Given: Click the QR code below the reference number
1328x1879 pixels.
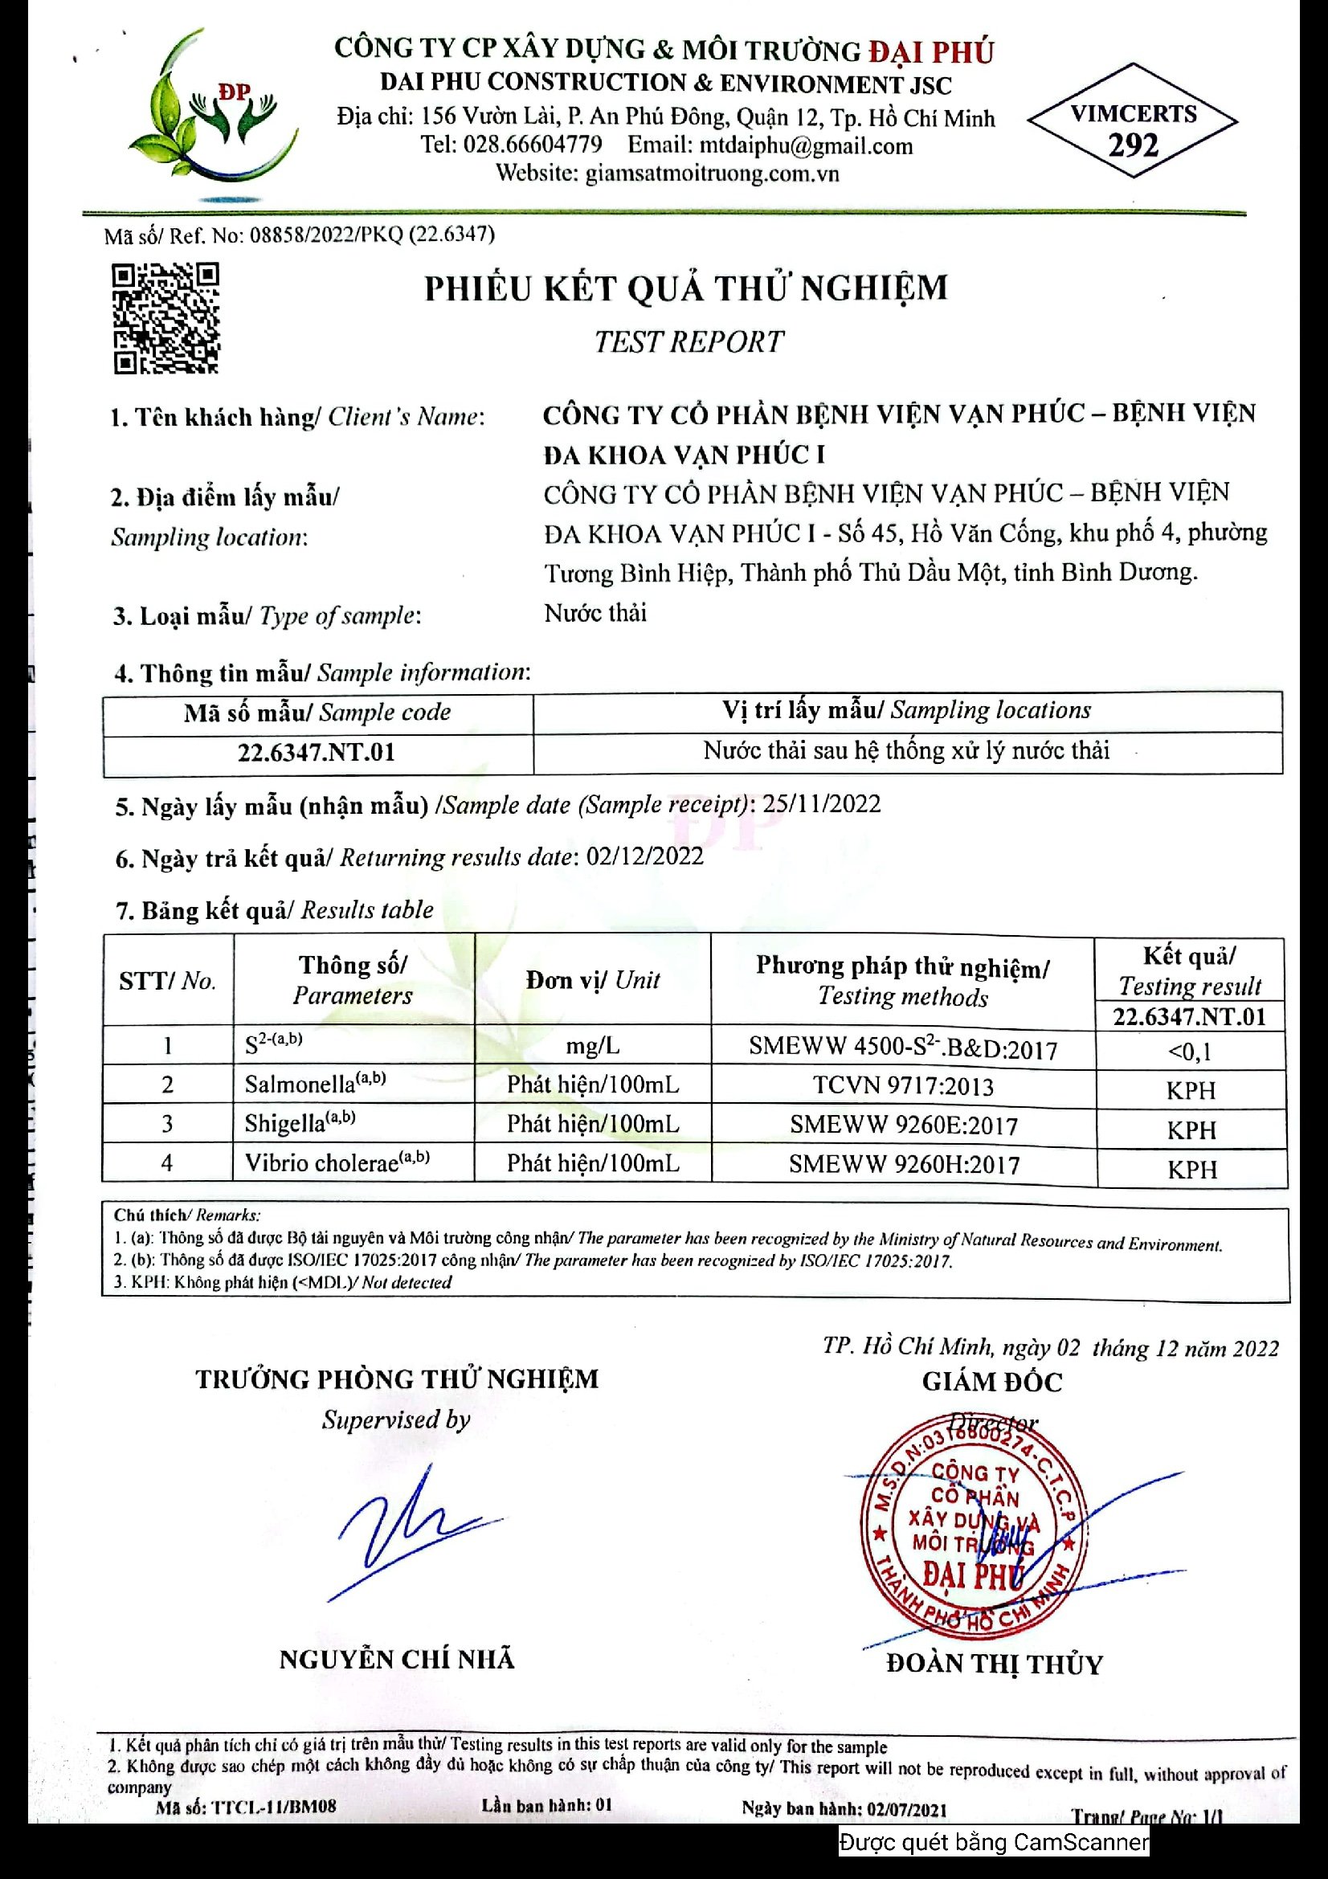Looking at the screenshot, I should tap(166, 318).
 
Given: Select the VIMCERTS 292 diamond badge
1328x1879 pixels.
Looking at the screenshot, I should tap(1133, 121).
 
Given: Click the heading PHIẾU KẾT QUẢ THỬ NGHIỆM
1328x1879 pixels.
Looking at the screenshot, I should tap(685, 289).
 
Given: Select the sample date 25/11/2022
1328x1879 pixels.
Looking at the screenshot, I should tap(822, 803).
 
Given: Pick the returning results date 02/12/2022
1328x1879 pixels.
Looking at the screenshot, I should tap(645, 856).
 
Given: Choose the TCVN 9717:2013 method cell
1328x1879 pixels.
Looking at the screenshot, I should tap(902, 1086).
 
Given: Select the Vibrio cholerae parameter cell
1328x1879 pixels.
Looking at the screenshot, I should tap(337, 1163).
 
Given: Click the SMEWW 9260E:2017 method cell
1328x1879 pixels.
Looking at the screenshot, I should tap(903, 1125).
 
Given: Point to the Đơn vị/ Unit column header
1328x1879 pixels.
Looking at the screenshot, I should tap(592, 980).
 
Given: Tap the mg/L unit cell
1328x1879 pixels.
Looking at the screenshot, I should tap(592, 1046).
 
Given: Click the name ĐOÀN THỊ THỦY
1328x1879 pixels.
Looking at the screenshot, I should tap(994, 1664).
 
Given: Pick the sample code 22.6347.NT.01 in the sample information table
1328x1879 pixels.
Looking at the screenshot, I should tap(317, 752).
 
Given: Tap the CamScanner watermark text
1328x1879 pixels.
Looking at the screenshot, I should tap(993, 1842).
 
